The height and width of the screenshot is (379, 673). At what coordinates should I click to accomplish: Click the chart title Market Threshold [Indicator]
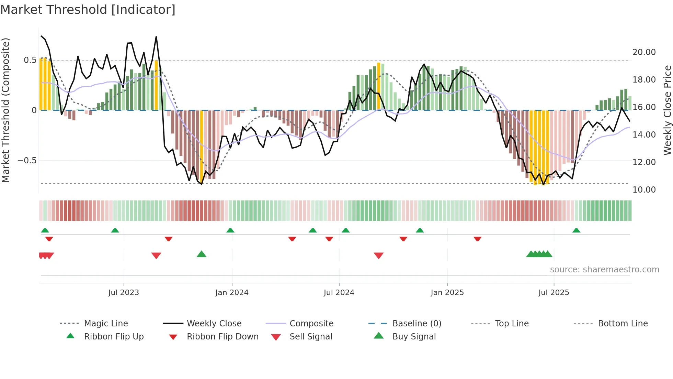[x=88, y=10]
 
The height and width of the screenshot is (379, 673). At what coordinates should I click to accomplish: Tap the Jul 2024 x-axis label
[x=339, y=292]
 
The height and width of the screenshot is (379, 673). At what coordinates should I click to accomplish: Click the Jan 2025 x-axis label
[x=447, y=292]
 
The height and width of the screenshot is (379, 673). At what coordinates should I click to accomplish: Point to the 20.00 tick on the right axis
[x=644, y=52]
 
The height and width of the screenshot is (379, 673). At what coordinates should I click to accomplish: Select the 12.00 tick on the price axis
[x=644, y=162]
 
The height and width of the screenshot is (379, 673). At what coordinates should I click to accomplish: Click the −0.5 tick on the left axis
[x=27, y=160]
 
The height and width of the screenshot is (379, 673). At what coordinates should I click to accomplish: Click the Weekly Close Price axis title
[x=667, y=110]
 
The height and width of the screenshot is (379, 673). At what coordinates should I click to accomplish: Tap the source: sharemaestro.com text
[x=604, y=269]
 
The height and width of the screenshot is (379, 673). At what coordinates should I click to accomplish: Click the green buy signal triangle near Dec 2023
[x=202, y=254]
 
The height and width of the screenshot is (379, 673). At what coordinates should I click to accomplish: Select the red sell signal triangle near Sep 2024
[x=378, y=256]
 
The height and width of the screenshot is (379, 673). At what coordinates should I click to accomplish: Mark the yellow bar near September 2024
[x=379, y=86]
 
